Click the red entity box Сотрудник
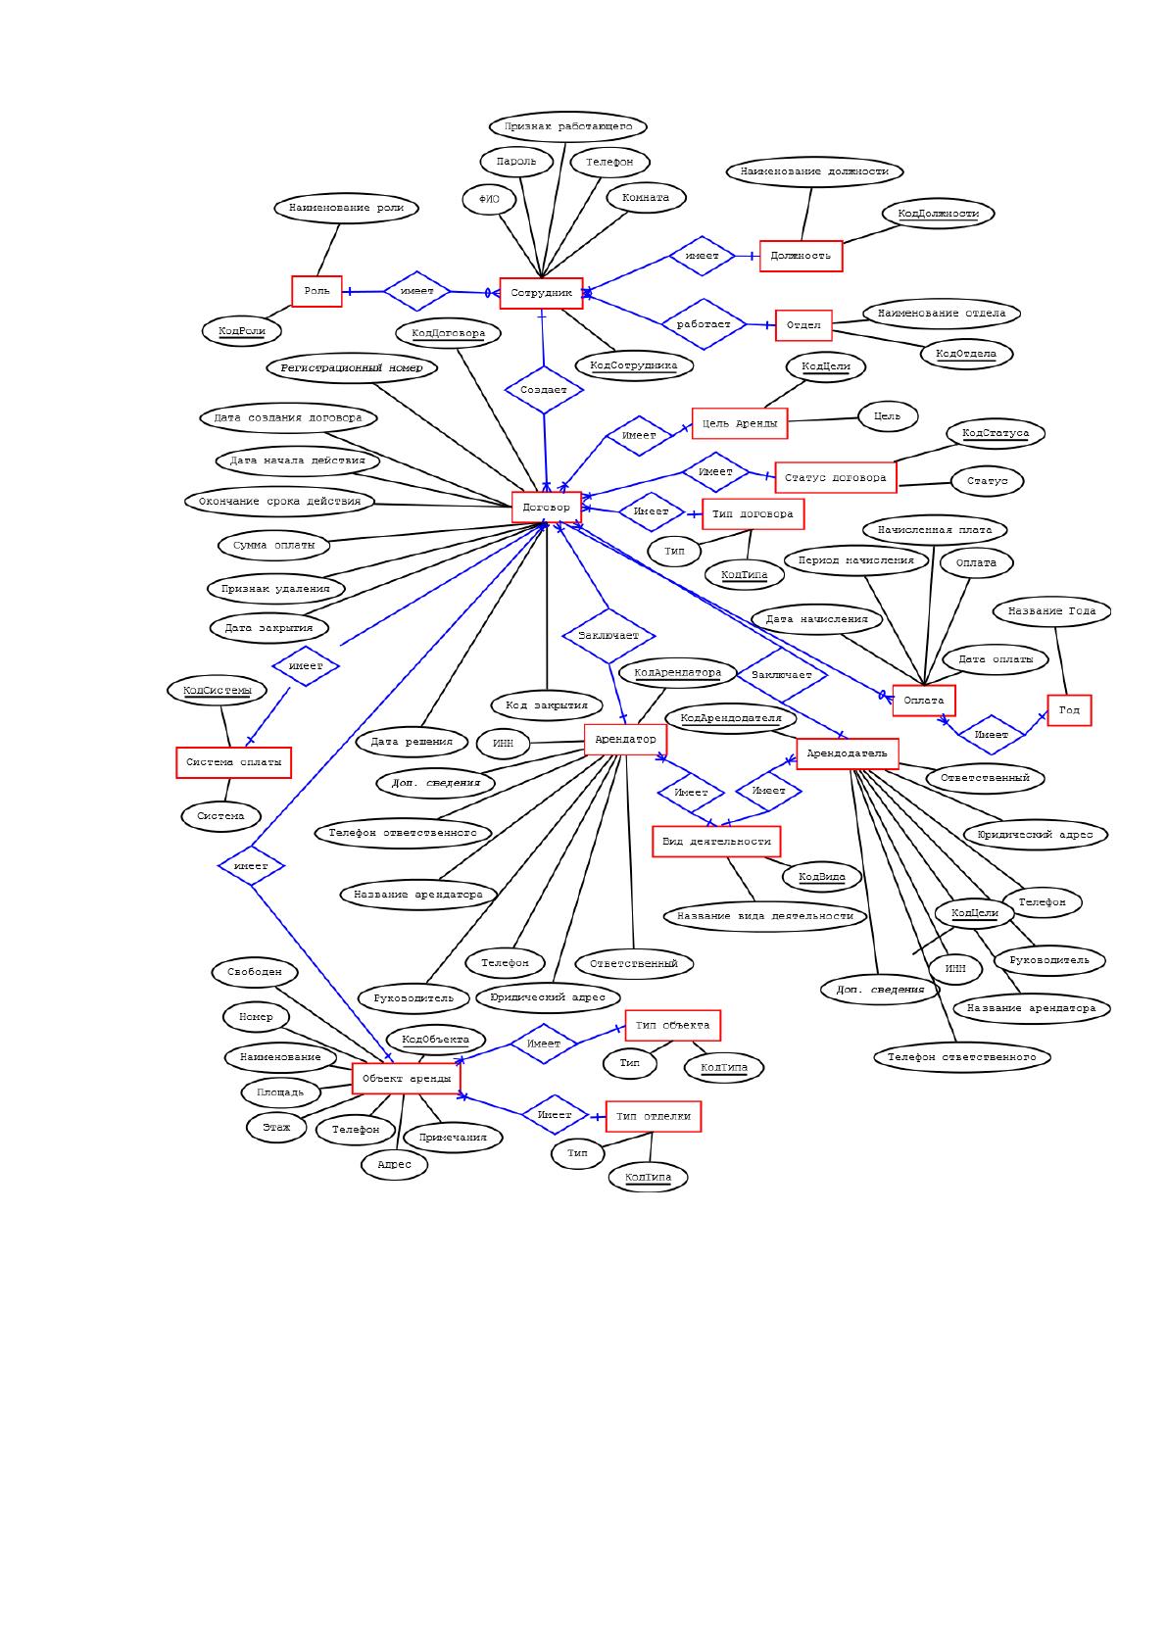point(541,293)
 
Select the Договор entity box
point(546,508)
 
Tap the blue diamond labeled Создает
point(544,390)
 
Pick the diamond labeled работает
point(704,324)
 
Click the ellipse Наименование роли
point(346,208)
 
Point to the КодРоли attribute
point(242,331)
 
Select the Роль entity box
point(316,291)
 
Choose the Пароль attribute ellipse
point(516,162)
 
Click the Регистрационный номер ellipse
point(352,367)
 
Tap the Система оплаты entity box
point(233,762)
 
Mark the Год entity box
point(1069,710)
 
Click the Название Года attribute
point(1051,611)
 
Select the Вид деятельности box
point(716,842)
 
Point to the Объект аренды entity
point(406,1079)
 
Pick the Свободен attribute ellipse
point(254,972)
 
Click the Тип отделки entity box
point(654,1116)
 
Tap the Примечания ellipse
point(453,1138)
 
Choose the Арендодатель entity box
point(848,753)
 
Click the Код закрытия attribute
point(546,705)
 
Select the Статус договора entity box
point(836,477)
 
